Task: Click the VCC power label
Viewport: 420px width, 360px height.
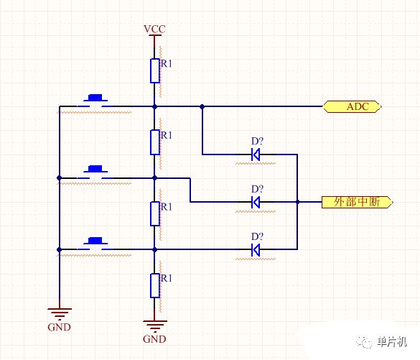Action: pyautogui.click(x=154, y=29)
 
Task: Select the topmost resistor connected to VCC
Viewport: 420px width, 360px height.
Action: pyautogui.click(x=155, y=70)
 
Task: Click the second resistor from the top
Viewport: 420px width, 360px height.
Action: pyautogui.click(x=155, y=142)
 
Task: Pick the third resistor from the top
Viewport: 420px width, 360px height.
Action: pyautogui.click(x=155, y=213)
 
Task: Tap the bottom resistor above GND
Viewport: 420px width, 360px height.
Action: pyautogui.click(x=155, y=285)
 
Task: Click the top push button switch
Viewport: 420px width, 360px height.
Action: pyautogui.click(x=95, y=101)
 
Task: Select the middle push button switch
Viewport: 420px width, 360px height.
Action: pyautogui.click(x=95, y=172)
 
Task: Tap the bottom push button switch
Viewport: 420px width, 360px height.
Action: pyautogui.click(x=95, y=244)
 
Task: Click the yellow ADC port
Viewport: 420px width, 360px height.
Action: pyautogui.click(x=352, y=106)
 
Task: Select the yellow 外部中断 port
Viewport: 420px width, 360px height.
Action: pyautogui.click(x=357, y=202)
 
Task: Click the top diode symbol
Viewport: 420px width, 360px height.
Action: pyautogui.click(x=256, y=154)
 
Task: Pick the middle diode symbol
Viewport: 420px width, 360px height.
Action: pyautogui.click(x=256, y=202)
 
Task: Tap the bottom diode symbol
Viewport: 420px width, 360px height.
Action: pyautogui.click(x=256, y=249)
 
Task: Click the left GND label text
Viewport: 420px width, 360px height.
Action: pyautogui.click(x=59, y=327)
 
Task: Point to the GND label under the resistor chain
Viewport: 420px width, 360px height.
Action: pyautogui.click(x=154, y=339)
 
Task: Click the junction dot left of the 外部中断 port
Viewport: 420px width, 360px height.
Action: pyautogui.click(x=297, y=202)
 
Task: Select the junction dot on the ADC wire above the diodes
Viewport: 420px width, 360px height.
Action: pyautogui.click(x=202, y=106)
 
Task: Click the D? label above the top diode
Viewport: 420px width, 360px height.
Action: pyautogui.click(x=257, y=142)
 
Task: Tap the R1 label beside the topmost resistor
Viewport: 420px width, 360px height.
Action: pyautogui.click(x=166, y=63)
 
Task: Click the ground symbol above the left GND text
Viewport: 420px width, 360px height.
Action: pyautogui.click(x=60, y=314)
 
